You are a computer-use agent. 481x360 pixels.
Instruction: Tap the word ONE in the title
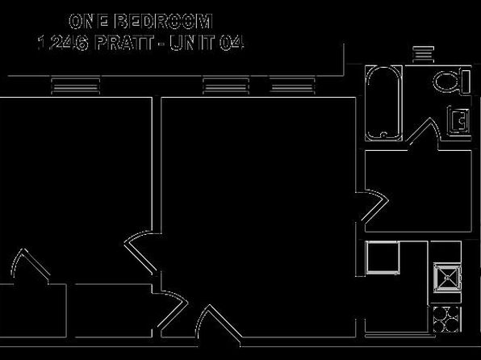point(89,22)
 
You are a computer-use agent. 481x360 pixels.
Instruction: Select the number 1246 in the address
point(63,43)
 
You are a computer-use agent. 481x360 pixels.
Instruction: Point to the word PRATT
point(124,43)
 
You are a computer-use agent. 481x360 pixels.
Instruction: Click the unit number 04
point(232,43)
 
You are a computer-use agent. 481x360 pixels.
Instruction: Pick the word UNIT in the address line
point(192,43)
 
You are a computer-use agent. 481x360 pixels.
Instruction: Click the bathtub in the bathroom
point(383,103)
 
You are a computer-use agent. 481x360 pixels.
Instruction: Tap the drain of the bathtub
point(383,134)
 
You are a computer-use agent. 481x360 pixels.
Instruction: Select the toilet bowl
point(445,82)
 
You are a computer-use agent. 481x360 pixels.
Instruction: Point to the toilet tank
point(466,82)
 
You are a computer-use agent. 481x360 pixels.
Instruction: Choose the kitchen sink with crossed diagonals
point(447,278)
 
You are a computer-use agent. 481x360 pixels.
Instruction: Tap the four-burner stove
point(447,319)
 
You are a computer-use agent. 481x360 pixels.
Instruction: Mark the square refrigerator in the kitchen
point(383,257)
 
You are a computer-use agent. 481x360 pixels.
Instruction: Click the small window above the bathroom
point(424,54)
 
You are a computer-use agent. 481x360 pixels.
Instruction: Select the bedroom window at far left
point(76,86)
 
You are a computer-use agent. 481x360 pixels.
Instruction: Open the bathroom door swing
point(424,131)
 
